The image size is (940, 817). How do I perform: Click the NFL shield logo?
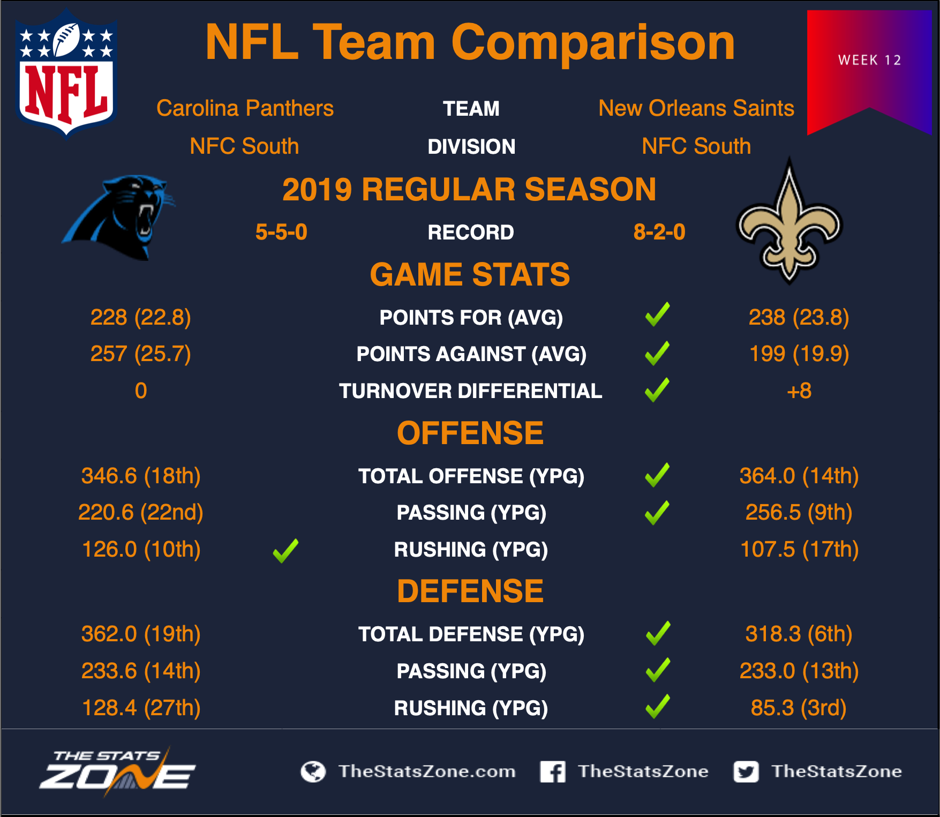pos(66,73)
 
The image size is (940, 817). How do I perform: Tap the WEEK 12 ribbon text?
pos(870,60)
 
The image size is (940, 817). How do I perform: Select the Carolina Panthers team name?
pos(245,108)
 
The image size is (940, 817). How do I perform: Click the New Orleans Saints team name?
pos(696,108)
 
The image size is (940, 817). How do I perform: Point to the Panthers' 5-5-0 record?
pos(281,232)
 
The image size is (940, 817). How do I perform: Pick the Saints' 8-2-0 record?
pos(659,232)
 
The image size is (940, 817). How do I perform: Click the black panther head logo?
pos(119,218)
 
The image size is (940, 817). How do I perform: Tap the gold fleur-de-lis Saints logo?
pos(789,221)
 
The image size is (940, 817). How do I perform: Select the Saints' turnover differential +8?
pos(799,391)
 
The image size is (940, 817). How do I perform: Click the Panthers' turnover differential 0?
pos(141,391)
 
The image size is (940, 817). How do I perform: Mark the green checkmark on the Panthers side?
pos(285,551)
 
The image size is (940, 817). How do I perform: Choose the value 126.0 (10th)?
pos(141,549)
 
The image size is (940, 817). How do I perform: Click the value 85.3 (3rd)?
pos(799,708)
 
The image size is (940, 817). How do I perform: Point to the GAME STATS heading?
pos(470,274)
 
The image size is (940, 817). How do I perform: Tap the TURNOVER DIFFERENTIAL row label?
pos(471,391)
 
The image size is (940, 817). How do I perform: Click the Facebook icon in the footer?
pos(553,771)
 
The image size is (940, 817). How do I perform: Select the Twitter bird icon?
pos(746,771)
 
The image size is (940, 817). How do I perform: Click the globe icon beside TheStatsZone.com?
pos(313,771)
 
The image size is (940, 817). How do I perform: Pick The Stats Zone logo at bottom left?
pos(118,771)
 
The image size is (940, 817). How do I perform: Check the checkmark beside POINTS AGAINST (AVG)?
pos(657,354)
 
